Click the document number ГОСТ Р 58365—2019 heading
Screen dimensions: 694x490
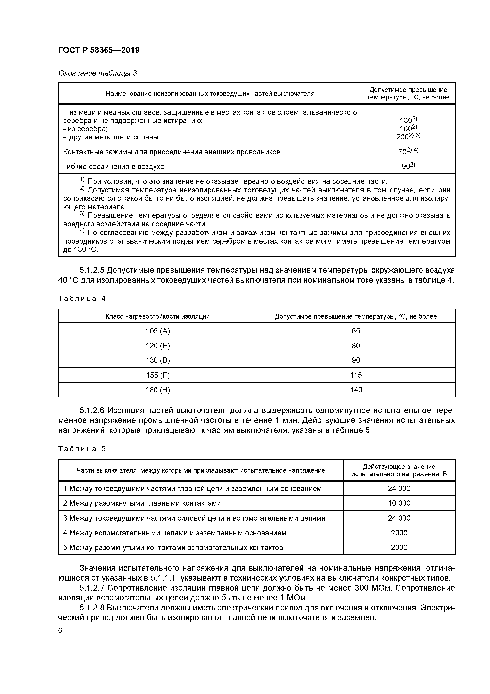(99, 50)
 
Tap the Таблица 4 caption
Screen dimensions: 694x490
(82, 299)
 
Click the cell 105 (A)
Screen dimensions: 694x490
(158, 331)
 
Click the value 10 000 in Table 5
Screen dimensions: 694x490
(399, 503)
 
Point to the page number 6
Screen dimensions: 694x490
(60, 631)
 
